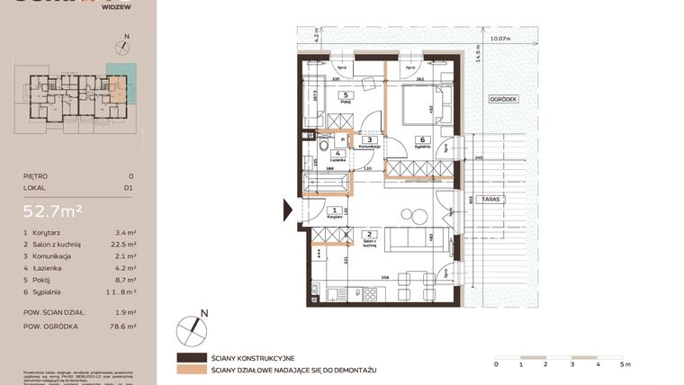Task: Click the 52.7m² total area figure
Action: (53, 211)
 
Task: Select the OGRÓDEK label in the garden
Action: (503, 100)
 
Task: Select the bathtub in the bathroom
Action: (328, 183)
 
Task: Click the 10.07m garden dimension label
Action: (499, 40)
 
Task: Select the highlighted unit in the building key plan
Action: (118, 86)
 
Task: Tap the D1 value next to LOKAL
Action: (130, 189)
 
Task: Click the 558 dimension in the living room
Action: (385, 277)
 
